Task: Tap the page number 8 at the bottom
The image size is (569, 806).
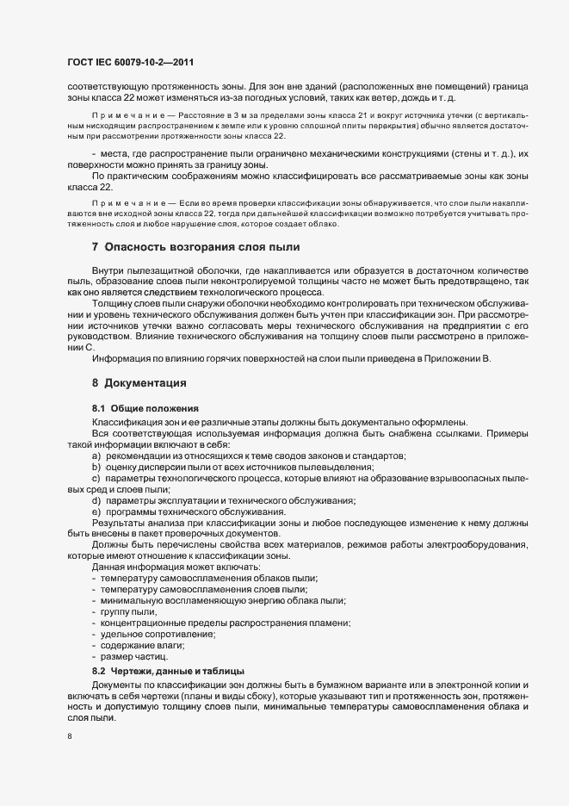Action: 69,738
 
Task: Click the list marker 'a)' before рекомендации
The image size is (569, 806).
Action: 97,455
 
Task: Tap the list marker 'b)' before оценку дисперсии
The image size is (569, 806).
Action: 97,466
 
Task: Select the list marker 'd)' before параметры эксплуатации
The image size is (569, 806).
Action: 97,501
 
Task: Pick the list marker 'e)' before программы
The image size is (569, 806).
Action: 97,512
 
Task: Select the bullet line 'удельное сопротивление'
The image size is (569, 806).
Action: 158,634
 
